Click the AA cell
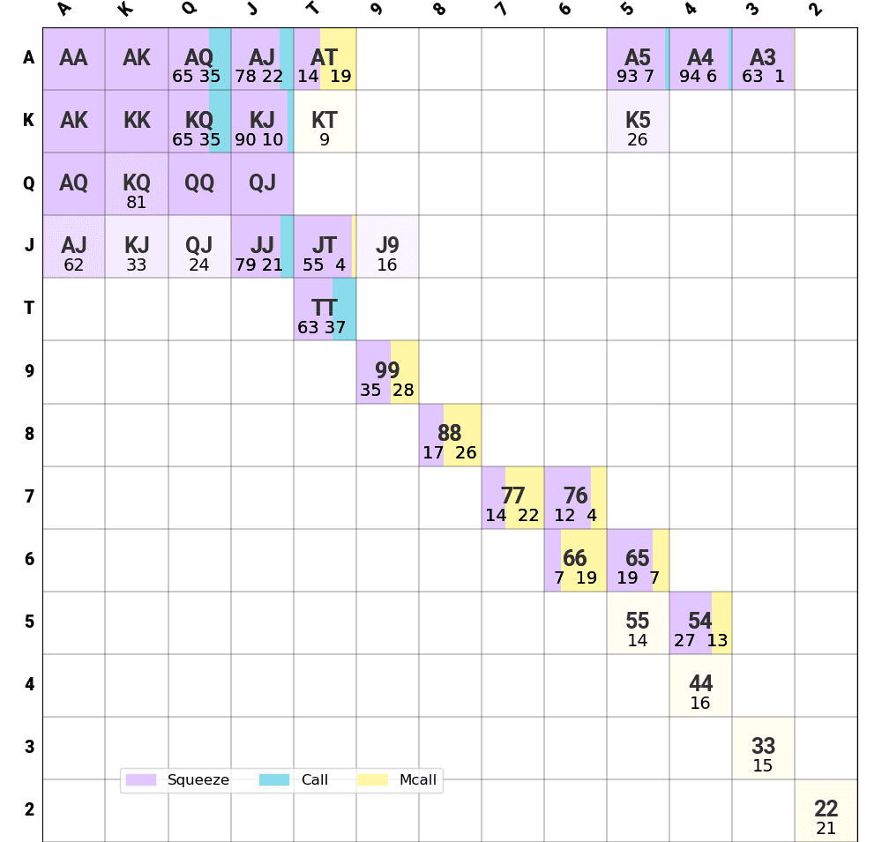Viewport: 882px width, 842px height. click(x=74, y=59)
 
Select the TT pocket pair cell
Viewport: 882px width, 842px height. click(x=325, y=309)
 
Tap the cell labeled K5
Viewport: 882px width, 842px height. click(x=638, y=122)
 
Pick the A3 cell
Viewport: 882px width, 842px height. click(x=763, y=59)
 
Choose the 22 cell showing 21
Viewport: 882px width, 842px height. click(x=826, y=811)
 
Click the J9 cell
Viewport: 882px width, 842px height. click(x=387, y=247)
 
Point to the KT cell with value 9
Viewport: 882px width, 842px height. click(x=325, y=122)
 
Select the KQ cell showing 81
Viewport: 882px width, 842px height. click(x=137, y=184)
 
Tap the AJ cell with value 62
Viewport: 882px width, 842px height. click(x=74, y=247)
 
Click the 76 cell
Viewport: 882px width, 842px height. click(x=575, y=497)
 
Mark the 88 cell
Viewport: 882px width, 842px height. click(x=450, y=435)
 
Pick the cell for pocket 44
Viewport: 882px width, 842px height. click(x=700, y=685)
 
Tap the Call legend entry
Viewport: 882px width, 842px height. click(x=295, y=779)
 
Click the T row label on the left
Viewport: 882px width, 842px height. click(x=29, y=308)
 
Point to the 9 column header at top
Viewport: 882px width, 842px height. click(x=375, y=11)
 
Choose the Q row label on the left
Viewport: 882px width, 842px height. click(x=29, y=183)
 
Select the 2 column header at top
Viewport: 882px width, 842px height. click(x=814, y=11)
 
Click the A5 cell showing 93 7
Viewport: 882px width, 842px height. click(x=638, y=59)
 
